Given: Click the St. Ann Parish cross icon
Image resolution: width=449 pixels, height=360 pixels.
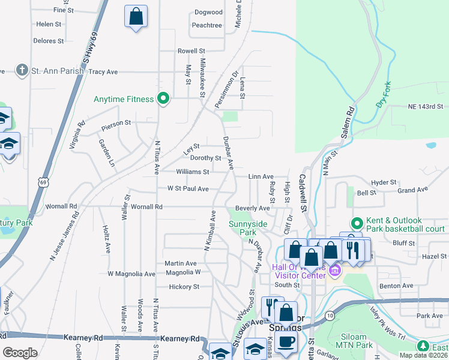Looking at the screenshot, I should click(22, 71).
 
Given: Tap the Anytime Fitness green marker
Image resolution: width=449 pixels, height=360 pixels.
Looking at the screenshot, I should click(163, 98).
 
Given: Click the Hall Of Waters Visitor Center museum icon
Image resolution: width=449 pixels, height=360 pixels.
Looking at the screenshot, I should click(335, 271).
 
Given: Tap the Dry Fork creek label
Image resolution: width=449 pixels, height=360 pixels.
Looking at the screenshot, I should click(384, 94).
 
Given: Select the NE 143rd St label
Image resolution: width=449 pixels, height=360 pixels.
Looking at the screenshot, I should click(429, 106).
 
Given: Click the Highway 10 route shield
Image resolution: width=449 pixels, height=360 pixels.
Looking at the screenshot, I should click(330, 314).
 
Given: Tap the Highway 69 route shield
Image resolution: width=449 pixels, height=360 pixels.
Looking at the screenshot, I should click(42, 181).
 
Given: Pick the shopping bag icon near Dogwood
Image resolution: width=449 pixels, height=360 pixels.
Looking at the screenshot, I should click(136, 16).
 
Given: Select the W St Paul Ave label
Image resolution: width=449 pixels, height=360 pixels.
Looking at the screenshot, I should click(188, 189).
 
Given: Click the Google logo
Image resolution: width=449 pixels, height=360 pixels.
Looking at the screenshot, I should click(20, 353).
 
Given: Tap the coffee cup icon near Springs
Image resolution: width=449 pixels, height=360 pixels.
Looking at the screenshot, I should click(287, 341).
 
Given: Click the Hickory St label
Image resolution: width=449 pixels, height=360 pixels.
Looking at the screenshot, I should click(184, 287).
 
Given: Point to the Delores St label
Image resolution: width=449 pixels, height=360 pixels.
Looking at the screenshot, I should click(49, 41).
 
